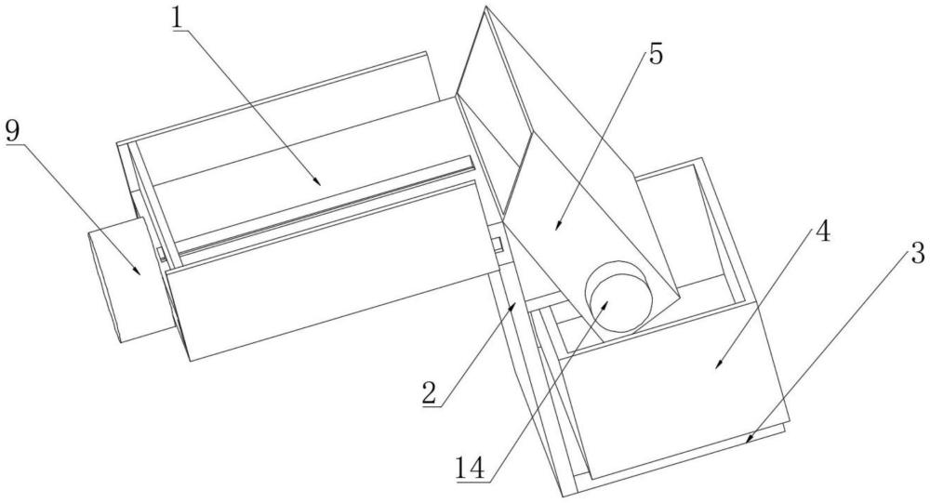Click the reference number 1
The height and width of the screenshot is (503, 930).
tap(178, 19)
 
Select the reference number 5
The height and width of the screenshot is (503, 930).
tap(656, 55)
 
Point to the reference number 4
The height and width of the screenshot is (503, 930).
tap(821, 232)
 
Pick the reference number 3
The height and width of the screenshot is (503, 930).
tap(916, 254)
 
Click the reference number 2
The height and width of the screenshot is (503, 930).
tap(431, 393)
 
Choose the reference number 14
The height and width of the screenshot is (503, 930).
tap(471, 468)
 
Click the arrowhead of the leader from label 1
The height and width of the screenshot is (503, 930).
tap(318, 181)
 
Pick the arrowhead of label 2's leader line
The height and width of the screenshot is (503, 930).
tap(515, 304)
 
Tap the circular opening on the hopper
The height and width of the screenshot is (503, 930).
tap(618, 296)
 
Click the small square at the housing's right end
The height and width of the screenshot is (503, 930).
tap(497, 244)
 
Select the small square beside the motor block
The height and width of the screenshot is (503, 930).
tap(161, 254)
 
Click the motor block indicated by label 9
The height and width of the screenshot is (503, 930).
tap(132, 280)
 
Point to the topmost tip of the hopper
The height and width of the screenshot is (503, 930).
tap(485, 7)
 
